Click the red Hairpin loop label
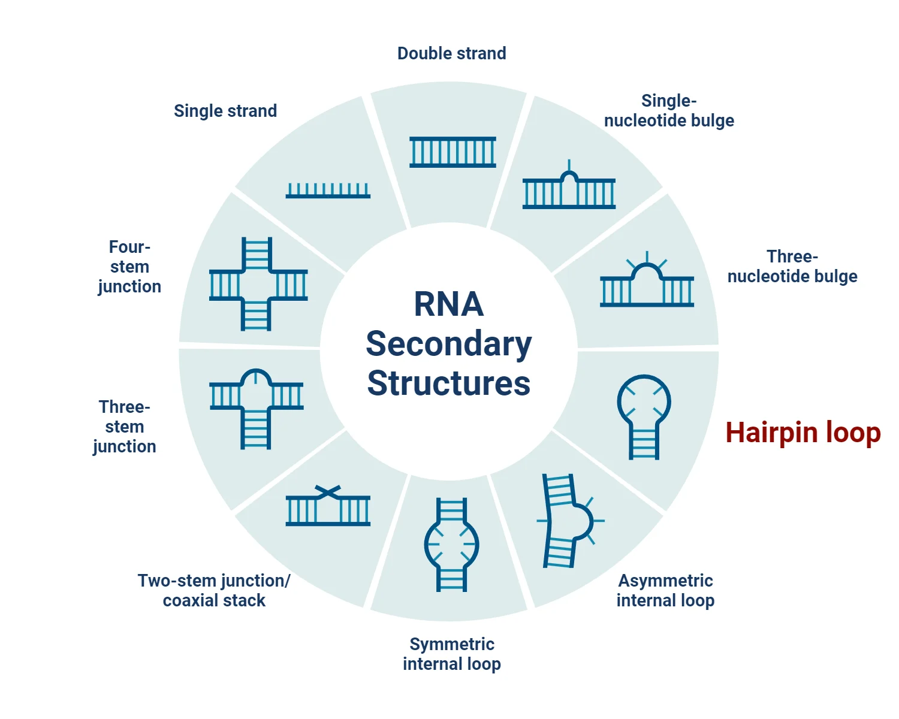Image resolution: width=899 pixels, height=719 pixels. [x=803, y=433]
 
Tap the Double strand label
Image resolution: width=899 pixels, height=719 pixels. [x=451, y=53]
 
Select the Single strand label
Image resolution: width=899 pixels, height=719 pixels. [x=225, y=111]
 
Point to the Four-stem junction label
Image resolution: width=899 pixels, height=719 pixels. [x=129, y=267]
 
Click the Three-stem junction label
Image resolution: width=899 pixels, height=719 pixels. [x=125, y=427]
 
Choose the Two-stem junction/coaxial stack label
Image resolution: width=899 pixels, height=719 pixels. [x=214, y=590]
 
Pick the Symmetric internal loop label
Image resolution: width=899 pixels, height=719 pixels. [x=451, y=654]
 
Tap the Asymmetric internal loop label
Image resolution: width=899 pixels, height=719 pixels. [x=665, y=590]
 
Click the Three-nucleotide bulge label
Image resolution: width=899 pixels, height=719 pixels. [x=792, y=266]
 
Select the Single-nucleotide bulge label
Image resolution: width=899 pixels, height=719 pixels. [x=669, y=110]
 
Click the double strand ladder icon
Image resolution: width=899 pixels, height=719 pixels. [x=452, y=152]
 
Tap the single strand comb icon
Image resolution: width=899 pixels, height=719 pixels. [x=328, y=191]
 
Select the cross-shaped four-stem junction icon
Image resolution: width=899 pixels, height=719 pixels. [x=258, y=284]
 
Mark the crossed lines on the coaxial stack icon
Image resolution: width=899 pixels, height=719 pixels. [x=328, y=492]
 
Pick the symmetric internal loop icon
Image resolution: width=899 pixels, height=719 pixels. [x=451, y=545]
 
